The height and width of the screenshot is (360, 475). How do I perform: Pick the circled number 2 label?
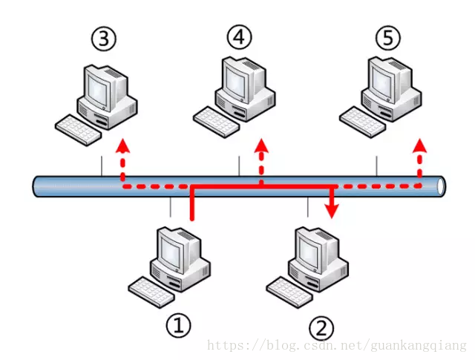pyautogui.click(x=321, y=327)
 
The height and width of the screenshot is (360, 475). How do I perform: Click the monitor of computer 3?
pyautogui.click(x=98, y=85)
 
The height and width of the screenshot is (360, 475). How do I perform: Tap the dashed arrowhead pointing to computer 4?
pyautogui.click(x=261, y=144)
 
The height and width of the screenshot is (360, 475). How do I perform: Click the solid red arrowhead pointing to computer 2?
pyautogui.click(x=332, y=212)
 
